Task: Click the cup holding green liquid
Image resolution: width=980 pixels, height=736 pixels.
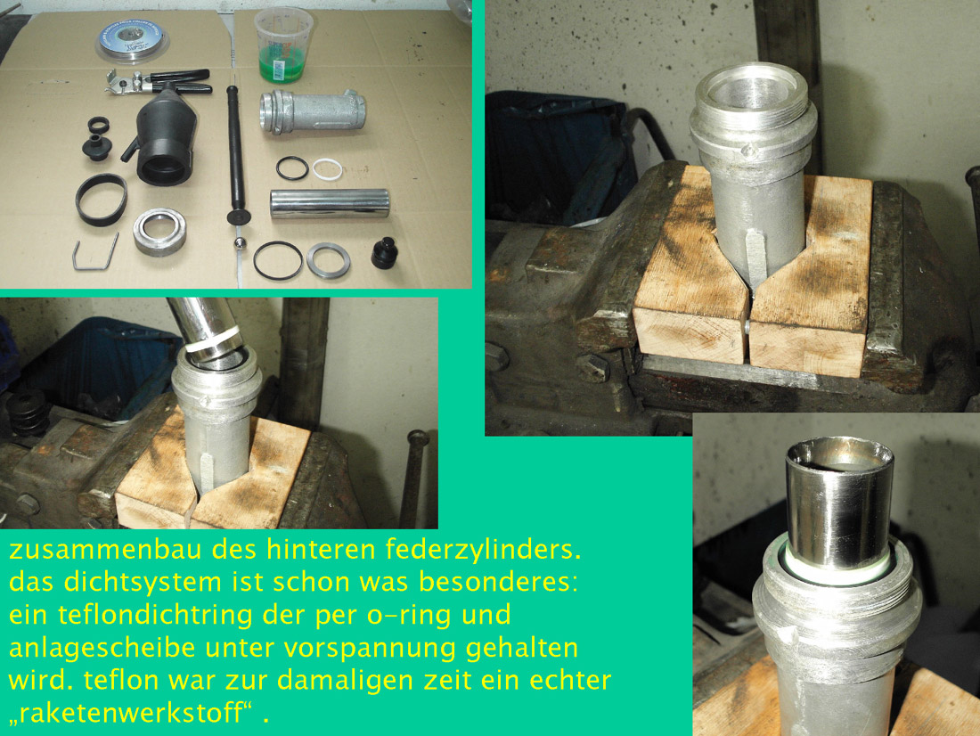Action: (x=283, y=46)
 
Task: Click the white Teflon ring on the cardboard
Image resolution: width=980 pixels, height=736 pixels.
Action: (x=328, y=169)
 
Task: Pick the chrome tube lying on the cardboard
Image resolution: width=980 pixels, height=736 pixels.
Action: (x=330, y=204)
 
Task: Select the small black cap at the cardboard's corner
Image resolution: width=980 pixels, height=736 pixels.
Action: (x=384, y=253)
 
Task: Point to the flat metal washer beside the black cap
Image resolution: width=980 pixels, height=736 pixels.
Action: (x=328, y=259)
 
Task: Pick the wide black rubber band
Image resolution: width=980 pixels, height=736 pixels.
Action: (x=102, y=200)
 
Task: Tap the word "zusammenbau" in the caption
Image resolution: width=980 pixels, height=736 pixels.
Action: (x=105, y=550)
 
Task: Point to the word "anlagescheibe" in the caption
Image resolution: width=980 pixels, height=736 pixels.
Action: (x=102, y=649)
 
